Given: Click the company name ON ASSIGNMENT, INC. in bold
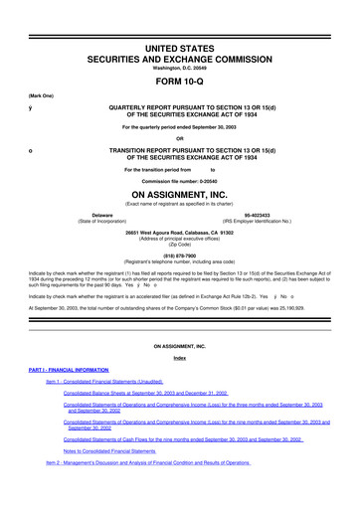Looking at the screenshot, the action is pos(180,195).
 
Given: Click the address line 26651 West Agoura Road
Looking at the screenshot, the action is pos(180,232).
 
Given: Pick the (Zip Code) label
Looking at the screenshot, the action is pos(180,245).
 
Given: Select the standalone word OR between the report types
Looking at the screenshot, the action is pos(180,137).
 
